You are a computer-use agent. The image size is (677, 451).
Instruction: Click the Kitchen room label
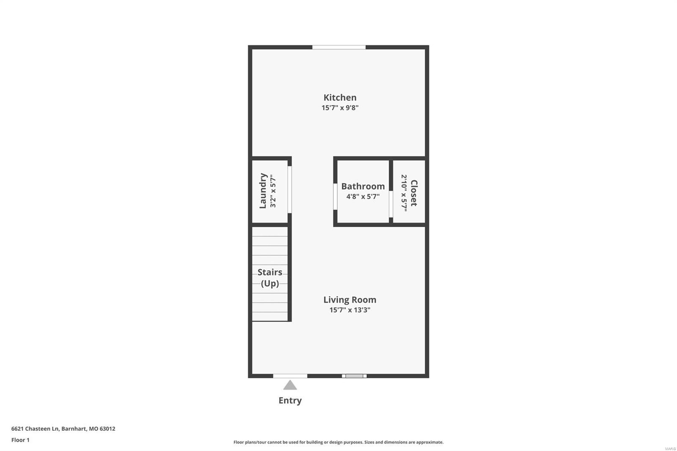(x=340, y=97)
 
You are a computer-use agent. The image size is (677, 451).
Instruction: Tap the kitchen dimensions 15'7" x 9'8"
(x=340, y=108)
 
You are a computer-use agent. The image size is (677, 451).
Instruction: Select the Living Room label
(x=350, y=300)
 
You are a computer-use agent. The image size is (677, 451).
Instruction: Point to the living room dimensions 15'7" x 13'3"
(x=350, y=310)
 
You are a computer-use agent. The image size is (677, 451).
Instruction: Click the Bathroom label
(x=363, y=186)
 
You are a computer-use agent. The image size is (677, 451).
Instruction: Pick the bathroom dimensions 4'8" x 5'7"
(x=363, y=197)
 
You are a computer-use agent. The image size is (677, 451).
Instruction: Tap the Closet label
(x=414, y=193)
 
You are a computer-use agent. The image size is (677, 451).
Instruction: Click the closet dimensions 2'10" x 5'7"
(x=404, y=193)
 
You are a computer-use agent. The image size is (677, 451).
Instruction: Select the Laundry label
(x=263, y=190)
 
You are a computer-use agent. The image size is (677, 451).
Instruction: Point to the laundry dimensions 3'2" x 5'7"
(x=273, y=191)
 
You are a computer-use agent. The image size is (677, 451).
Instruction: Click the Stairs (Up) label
(x=270, y=278)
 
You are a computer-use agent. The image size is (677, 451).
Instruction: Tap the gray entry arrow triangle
(x=290, y=385)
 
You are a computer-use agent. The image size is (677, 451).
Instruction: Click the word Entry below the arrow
(x=290, y=400)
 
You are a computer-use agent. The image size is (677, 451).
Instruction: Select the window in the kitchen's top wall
(x=338, y=47)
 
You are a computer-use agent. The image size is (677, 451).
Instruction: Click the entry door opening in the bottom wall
(x=290, y=376)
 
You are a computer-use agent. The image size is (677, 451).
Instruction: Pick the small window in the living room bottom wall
(x=354, y=376)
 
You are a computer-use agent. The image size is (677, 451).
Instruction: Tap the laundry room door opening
(x=290, y=190)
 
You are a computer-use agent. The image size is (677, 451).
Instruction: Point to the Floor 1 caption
(x=20, y=440)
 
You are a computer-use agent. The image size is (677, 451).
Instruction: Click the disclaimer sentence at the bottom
(x=338, y=442)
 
